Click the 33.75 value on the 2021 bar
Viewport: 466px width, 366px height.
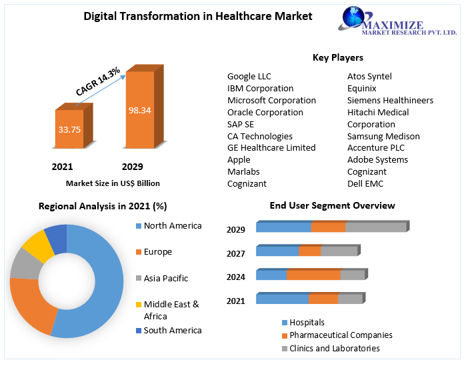(x=69, y=129)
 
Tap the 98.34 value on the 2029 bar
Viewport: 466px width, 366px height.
(x=140, y=111)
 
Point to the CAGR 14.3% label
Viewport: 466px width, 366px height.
(x=98, y=81)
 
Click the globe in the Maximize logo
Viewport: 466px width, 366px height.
(x=353, y=17)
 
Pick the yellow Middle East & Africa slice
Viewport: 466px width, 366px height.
(x=37, y=247)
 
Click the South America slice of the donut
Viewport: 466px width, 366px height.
(x=57, y=239)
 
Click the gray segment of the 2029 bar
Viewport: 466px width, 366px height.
(x=376, y=227)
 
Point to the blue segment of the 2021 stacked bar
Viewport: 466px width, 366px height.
(x=283, y=299)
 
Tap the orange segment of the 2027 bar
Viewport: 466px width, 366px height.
(x=310, y=251)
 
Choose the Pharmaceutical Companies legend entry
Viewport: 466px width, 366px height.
(x=337, y=335)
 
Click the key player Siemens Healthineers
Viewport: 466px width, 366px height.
(x=390, y=101)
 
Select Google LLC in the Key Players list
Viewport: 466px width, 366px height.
(x=249, y=77)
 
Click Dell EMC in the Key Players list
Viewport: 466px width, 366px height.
(x=365, y=183)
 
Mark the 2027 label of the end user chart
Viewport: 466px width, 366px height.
(x=236, y=254)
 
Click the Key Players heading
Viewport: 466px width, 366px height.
(x=338, y=57)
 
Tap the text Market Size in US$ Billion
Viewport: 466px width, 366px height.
(x=113, y=183)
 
